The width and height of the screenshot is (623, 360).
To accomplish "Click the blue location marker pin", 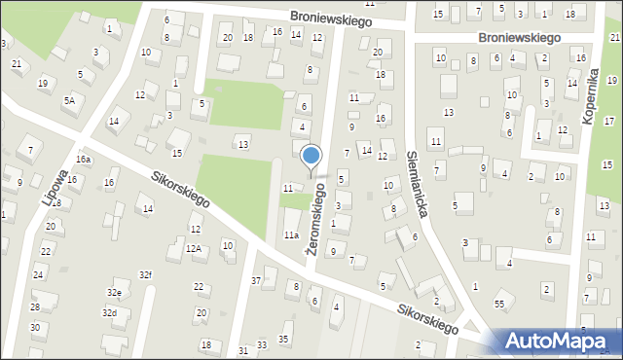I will [311, 156].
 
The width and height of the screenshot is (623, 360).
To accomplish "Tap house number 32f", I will [145, 274].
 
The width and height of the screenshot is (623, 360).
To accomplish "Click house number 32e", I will [114, 292].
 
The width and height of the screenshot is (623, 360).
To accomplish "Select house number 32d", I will [110, 313].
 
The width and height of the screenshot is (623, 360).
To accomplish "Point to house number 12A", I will [194, 249].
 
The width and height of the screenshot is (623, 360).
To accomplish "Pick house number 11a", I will [290, 234].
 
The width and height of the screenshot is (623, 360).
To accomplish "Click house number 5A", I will [69, 99].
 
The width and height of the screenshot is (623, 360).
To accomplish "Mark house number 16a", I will [84, 159].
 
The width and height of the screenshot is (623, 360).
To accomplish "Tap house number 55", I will [498, 305].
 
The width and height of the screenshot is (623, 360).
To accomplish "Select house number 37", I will [256, 280].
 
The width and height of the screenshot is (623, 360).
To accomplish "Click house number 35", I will [283, 339].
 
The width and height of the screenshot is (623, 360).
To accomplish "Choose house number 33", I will [262, 346].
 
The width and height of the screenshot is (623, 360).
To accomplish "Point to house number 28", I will [35, 307].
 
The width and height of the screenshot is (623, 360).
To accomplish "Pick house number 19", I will [42, 83].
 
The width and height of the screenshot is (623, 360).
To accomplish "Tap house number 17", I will [609, 121].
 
